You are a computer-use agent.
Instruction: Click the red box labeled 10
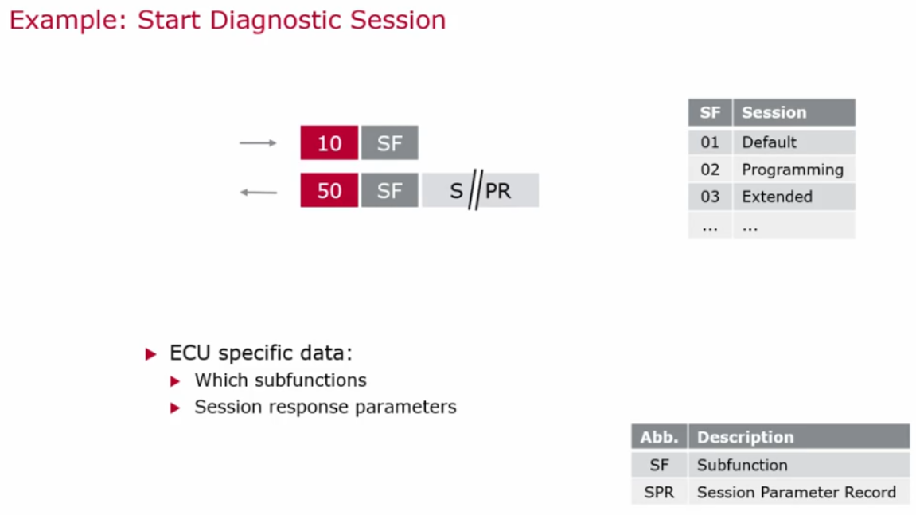(329, 143)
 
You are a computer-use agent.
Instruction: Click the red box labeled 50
(329, 191)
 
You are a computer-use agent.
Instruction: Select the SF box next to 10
(389, 143)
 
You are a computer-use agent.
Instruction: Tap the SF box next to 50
(389, 191)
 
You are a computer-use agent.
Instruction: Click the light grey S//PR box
(480, 191)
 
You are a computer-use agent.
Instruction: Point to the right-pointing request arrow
(258, 143)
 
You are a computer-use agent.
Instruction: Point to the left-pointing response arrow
(258, 192)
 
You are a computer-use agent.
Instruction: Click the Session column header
(793, 113)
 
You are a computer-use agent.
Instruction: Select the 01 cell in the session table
(710, 142)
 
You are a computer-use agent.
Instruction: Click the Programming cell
(792, 170)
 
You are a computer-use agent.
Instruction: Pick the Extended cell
(777, 197)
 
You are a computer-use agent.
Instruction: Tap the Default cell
(769, 142)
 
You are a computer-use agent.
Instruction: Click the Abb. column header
(659, 437)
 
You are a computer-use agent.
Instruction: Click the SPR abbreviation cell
(659, 492)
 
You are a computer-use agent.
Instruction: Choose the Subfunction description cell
(742, 465)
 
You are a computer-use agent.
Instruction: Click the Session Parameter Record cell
(796, 492)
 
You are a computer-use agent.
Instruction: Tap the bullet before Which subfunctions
(176, 381)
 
